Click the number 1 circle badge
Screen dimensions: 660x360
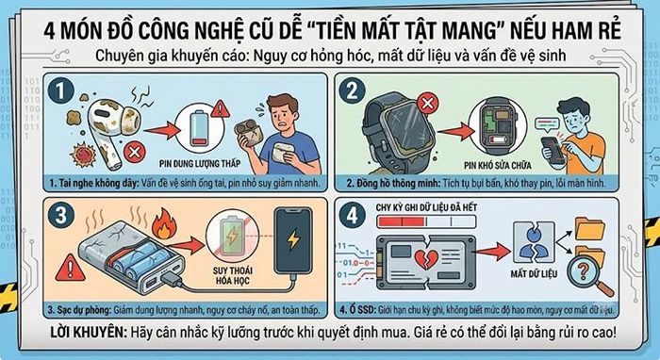click(x=61, y=90)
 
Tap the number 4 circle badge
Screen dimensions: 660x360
click(x=352, y=215)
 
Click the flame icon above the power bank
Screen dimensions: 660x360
click(x=163, y=223)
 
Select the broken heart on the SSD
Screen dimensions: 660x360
click(x=425, y=259)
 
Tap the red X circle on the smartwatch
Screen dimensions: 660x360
click(x=427, y=103)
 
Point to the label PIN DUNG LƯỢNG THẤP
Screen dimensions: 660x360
click(x=200, y=163)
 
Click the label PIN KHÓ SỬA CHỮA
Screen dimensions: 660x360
click(x=497, y=165)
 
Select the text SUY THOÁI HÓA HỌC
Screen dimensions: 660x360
click(x=232, y=275)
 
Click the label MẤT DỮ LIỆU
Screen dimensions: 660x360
click(x=534, y=274)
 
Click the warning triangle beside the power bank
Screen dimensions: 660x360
click(x=71, y=268)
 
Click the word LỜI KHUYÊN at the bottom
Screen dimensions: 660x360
click(x=88, y=333)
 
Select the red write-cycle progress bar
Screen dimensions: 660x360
click(x=401, y=221)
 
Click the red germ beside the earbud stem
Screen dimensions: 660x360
click(x=83, y=154)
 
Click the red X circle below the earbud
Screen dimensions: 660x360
click(x=135, y=152)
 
